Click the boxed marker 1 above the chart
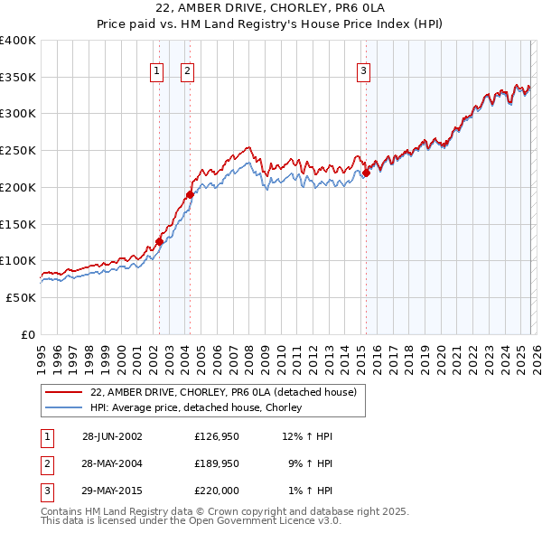(157, 71)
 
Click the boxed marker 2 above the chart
(187, 71)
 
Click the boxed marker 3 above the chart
(363, 71)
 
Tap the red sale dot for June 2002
(160, 241)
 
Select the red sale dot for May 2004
(190, 194)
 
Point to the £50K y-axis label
(21, 297)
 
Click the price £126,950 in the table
(215, 436)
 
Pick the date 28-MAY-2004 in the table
(112, 463)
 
